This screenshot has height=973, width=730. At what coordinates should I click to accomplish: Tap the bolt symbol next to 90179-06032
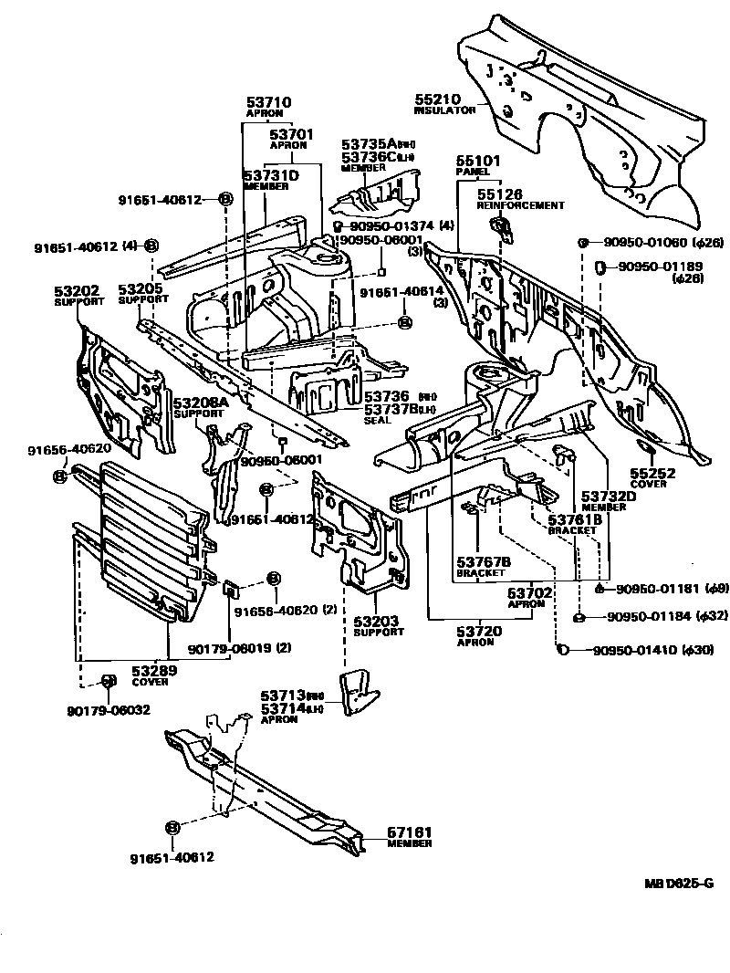[x=107, y=682]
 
